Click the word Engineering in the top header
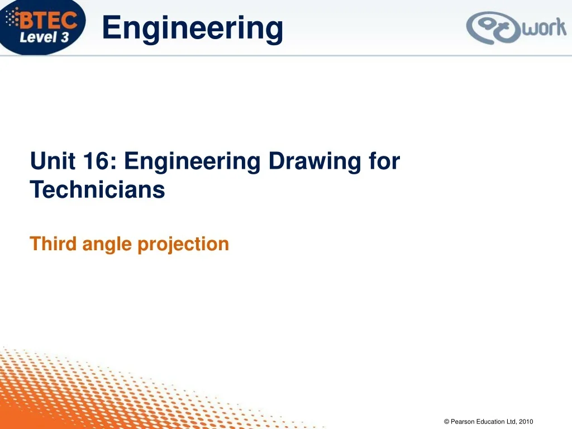pos(193,28)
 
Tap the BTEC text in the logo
pos(50,20)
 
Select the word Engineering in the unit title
pos(192,161)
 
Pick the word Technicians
pos(98,190)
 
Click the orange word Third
pos(54,244)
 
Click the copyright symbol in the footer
pos(446,422)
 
